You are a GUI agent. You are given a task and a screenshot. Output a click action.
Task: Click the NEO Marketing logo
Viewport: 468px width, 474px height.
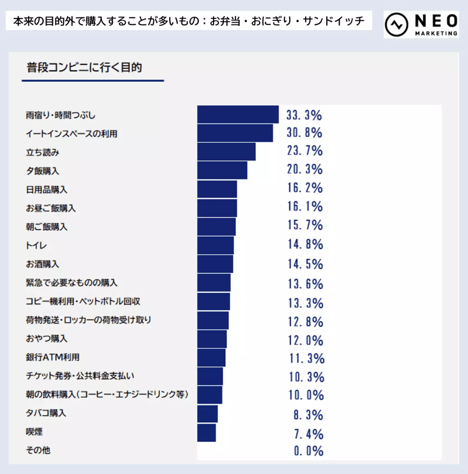point(421,24)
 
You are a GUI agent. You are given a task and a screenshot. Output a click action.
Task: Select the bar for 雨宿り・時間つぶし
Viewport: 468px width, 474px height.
point(237,115)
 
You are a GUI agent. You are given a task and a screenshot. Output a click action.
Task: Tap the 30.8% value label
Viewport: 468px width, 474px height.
point(304,133)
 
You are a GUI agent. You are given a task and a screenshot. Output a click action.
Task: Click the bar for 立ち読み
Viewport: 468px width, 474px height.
point(226,152)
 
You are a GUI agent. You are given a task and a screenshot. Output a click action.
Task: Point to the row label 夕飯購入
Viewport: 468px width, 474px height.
point(42,171)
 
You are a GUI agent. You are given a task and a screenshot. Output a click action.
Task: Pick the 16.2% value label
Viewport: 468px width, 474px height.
point(305,189)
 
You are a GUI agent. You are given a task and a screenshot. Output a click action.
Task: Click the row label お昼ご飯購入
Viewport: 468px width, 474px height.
point(50,208)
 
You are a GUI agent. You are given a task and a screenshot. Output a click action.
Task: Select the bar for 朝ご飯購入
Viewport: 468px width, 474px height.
point(216,227)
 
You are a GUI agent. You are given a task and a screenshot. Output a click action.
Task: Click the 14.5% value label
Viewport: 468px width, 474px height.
point(305,264)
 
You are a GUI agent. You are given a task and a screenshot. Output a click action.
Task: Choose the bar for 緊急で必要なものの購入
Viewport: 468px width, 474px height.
point(214,283)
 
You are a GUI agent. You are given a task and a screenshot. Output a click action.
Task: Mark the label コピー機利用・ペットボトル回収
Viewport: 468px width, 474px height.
point(82,302)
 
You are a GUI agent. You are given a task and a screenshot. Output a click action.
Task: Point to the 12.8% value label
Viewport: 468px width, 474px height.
point(305,321)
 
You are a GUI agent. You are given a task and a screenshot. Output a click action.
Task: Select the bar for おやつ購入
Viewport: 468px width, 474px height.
point(212,339)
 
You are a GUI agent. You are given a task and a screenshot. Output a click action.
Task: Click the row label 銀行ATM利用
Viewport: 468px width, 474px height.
point(52,358)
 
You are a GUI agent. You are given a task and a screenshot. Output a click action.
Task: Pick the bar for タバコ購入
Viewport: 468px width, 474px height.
point(207,414)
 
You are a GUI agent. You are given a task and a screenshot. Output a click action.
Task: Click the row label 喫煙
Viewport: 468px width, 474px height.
point(34,432)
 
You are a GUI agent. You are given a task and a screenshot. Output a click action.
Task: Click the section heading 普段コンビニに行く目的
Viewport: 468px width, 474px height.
point(84,68)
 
